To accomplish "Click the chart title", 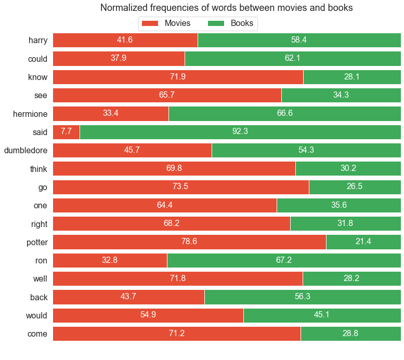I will point(226,8).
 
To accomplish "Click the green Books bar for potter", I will point(363,242).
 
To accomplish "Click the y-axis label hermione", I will point(30,114).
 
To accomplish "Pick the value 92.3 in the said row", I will point(240,132).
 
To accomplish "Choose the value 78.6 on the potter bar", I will point(189,242).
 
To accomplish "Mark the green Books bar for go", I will point(355,187).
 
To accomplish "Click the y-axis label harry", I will point(38,41).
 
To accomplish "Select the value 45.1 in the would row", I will point(322,315).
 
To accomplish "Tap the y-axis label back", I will point(38,297).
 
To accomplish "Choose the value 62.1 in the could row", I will point(293,59).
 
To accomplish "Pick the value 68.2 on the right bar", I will point(171,224).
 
